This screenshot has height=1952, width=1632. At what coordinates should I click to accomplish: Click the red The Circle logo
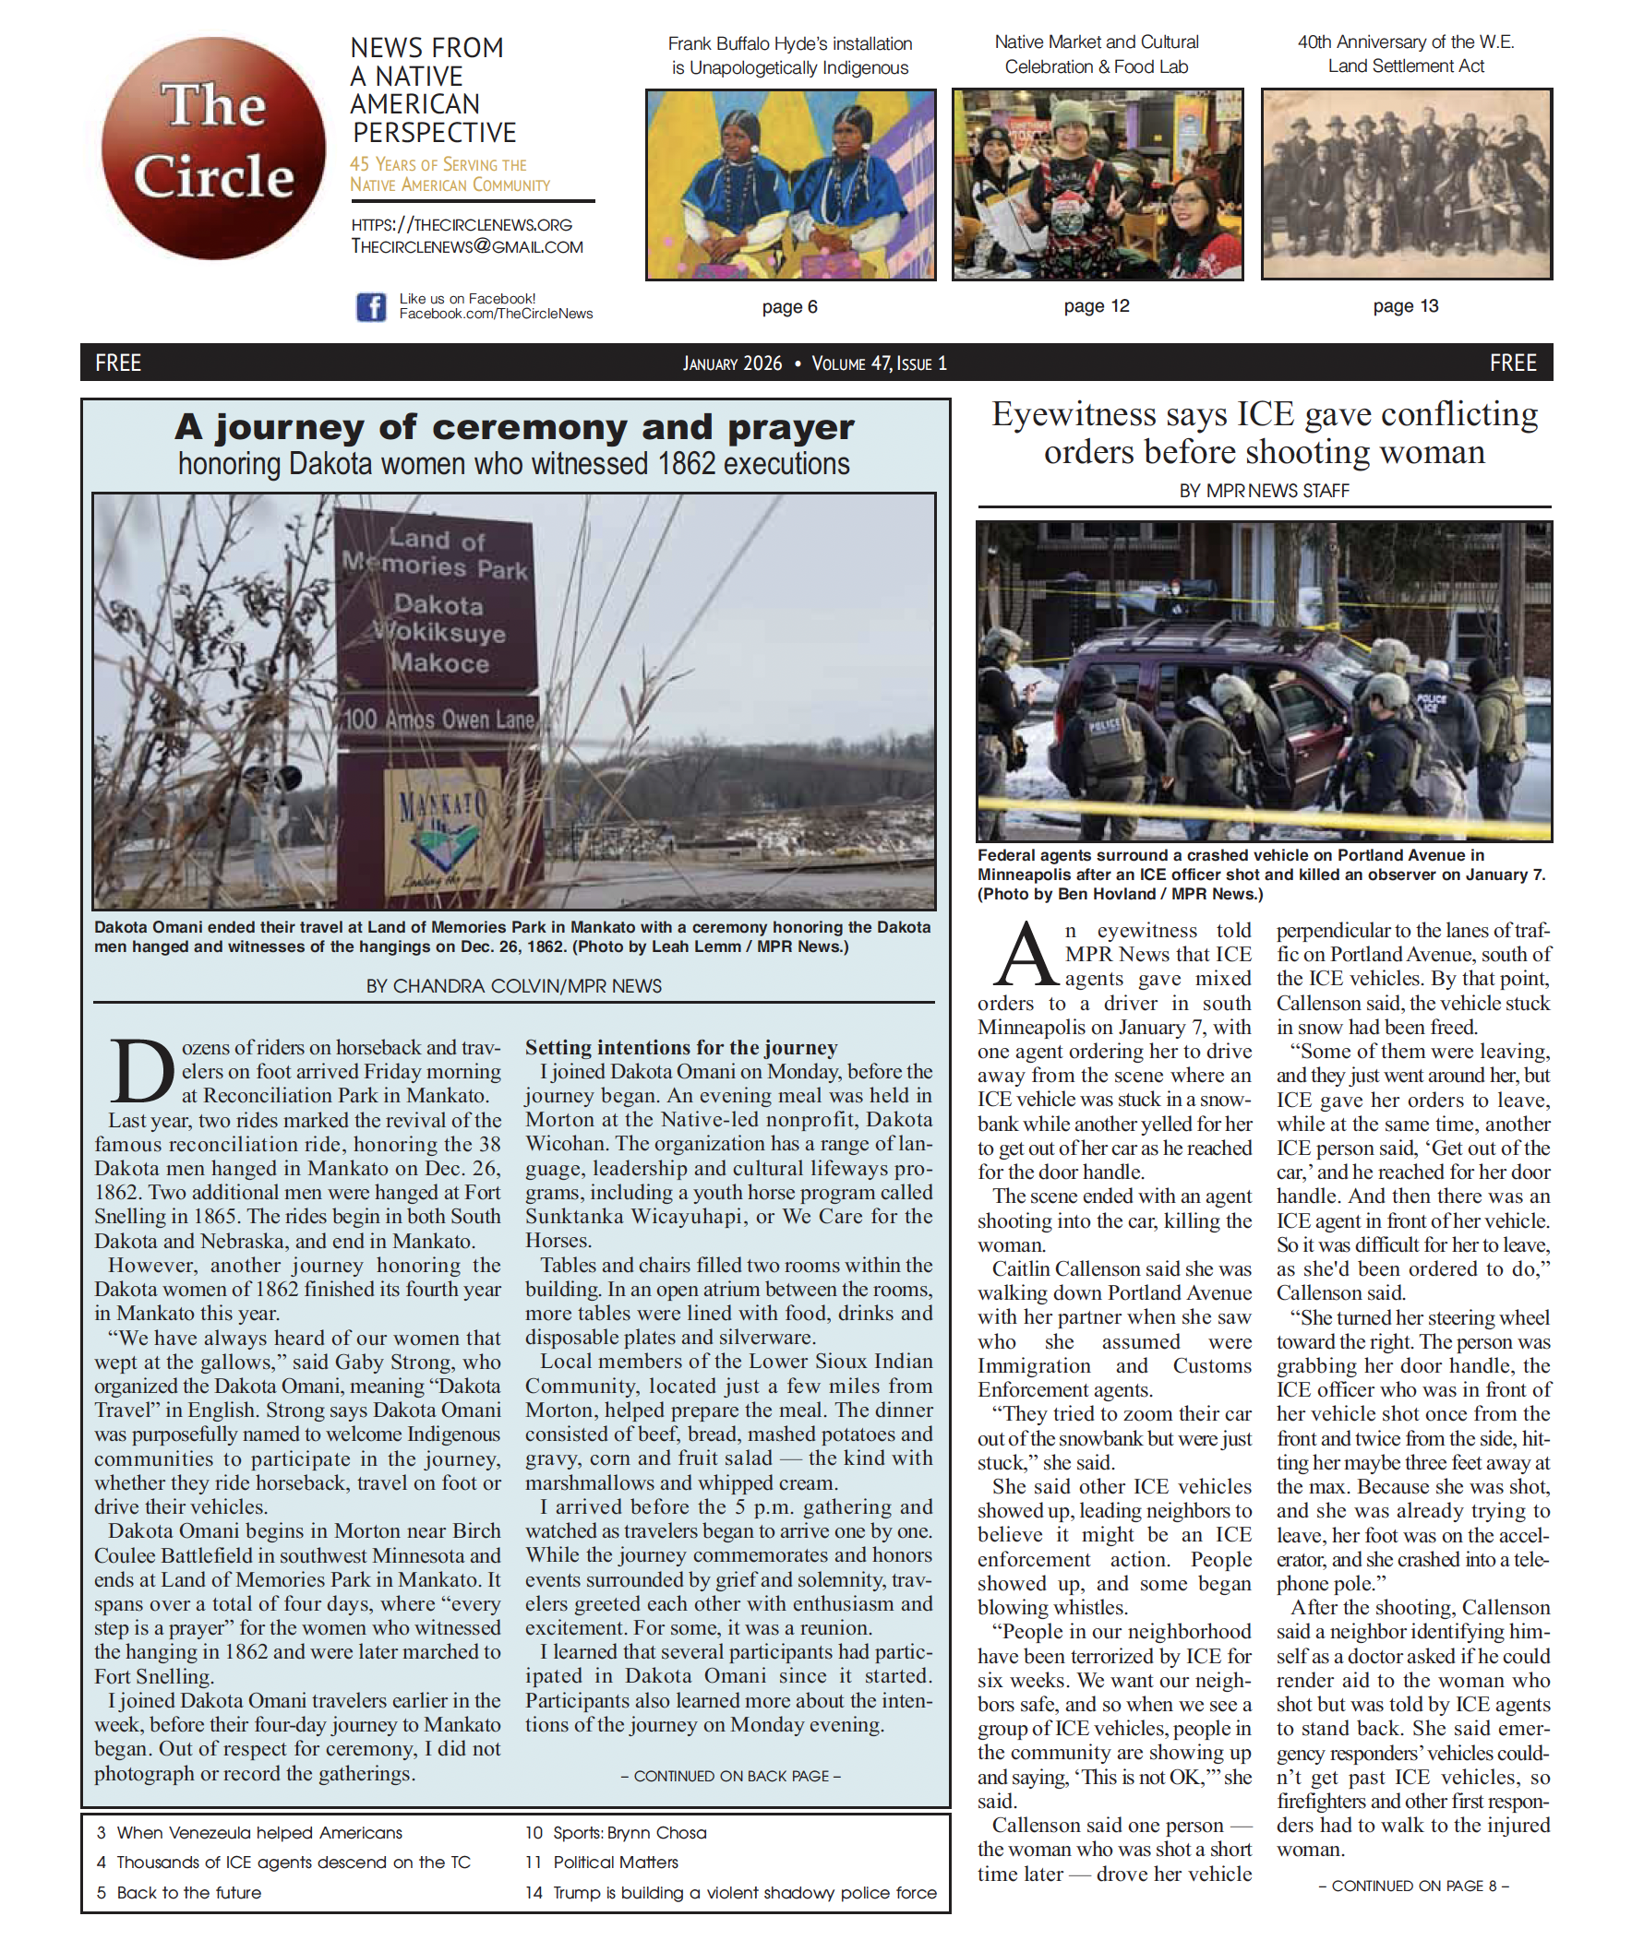[x=213, y=148]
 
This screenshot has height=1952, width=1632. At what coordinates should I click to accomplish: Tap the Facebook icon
[x=370, y=307]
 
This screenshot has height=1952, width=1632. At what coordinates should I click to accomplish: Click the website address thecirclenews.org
[x=462, y=225]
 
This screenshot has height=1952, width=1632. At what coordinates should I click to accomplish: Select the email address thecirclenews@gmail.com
[x=467, y=247]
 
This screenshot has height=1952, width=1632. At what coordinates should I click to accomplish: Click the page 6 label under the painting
[x=789, y=308]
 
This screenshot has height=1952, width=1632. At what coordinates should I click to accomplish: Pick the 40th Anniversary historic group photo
[x=1405, y=184]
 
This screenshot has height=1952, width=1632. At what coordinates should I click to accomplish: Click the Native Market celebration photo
[x=1097, y=184]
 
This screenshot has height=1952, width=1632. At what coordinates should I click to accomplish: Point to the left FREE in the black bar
[x=118, y=363]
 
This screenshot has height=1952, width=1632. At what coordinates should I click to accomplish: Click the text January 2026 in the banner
[x=732, y=363]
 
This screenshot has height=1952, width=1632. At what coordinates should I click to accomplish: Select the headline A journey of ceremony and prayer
[x=513, y=428]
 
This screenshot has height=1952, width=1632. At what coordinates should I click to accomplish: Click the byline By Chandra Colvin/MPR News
[x=513, y=986]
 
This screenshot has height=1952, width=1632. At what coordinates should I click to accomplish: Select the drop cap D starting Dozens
[x=141, y=1071]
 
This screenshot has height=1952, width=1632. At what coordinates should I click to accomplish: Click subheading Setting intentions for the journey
[x=680, y=1048]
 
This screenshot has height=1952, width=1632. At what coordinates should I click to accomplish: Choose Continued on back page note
[x=730, y=1777]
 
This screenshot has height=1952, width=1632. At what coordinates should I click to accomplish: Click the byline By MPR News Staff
[x=1264, y=491]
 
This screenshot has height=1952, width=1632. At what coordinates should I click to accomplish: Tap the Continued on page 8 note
[x=1412, y=1886]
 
